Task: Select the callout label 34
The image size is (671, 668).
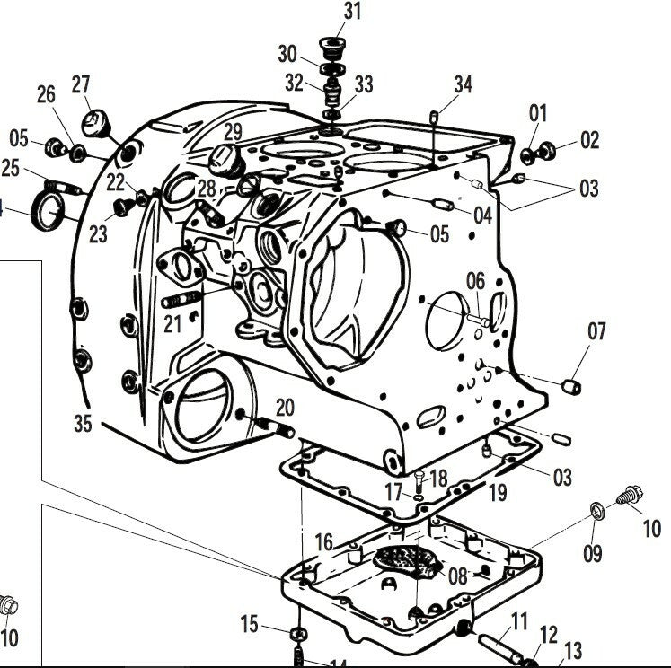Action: click(462, 85)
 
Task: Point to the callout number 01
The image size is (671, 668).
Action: click(537, 113)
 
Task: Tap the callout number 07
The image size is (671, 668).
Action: click(597, 332)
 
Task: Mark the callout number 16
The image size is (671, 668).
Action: click(323, 542)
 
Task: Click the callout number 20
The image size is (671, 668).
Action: click(284, 407)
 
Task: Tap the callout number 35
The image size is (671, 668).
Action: click(83, 422)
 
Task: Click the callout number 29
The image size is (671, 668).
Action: click(233, 131)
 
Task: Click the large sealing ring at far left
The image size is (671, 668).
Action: click(48, 210)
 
